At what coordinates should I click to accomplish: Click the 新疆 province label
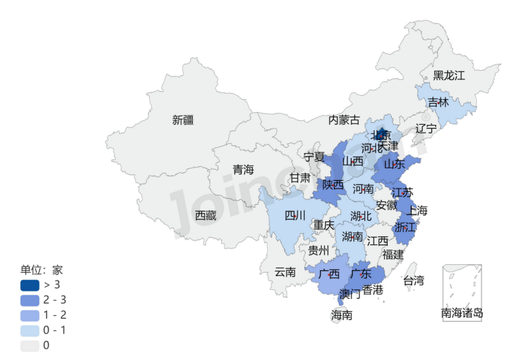pyautogui.click(x=184, y=120)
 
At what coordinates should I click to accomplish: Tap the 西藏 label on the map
pyautogui.click(x=205, y=215)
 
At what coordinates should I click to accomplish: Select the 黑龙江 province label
pyautogui.click(x=449, y=75)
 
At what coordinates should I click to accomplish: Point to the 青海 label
pyautogui.click(x=243, y=170)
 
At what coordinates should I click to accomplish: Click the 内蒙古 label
pyautogui.click(x=344, y=120)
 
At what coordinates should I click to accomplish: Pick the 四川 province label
pyautogui.click(x=295, y=215)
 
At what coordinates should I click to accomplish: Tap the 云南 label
pyautogui.click(x=285, y=271)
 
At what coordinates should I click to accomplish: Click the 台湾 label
pyautogui.click(x=413, y=280)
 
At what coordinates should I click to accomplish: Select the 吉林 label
pyautogui.click(x=438, y=102)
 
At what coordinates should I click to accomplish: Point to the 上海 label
pyautogui.click(x=417, y=211)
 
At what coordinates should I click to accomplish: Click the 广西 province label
pyautogui.click(x=329, y=273)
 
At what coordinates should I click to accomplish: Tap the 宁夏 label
pyautogui.click(x=314, y=157)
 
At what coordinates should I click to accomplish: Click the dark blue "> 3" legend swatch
pyautogui.click(x=29, y=285)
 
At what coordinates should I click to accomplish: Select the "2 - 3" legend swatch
pyautogui.click(x=29, y=300)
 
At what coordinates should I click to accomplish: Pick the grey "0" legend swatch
pyautogui.click(x=29, y=345)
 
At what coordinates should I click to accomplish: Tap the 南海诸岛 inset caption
pyautogui.click(x=462, y=312)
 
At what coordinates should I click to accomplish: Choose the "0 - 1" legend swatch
pyautogui.click(x=29, y=330)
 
